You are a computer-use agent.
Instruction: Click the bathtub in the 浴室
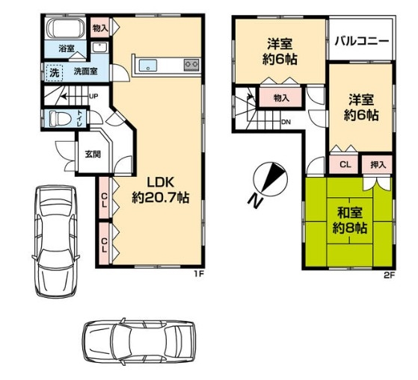pyautogui.click(x=66, y=28)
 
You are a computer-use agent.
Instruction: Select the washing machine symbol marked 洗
pyautogui.click(x=55, y=72)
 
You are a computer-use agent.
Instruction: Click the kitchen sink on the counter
pyautogui.click(x=148, y=66)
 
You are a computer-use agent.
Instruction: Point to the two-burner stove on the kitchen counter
pyautogui.click(x=191, y=64)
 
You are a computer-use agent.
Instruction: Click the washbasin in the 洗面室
pyautogui.click(x=99, y=48)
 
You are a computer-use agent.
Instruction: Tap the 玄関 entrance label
pyautogui.click(x=93, y=154)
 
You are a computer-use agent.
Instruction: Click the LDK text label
pyautogui.click(x=161, y=183)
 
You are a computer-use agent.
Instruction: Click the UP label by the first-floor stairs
pyautogui.click(x=93, y=96)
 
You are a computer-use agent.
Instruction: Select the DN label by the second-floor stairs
pyautogui.click(x=286, y=122)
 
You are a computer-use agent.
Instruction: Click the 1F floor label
pyautogui.click(x=199, y=275)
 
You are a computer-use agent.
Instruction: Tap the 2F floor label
pyautogui.click(x=389, y=275)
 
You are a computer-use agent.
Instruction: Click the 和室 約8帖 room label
pyautogui.click(x=349, y=220)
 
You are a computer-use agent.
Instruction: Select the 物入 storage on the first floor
pyautogui.click(x=100, y=28)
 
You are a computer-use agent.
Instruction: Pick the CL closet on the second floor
pyautogui.click(x=345, y=164)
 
